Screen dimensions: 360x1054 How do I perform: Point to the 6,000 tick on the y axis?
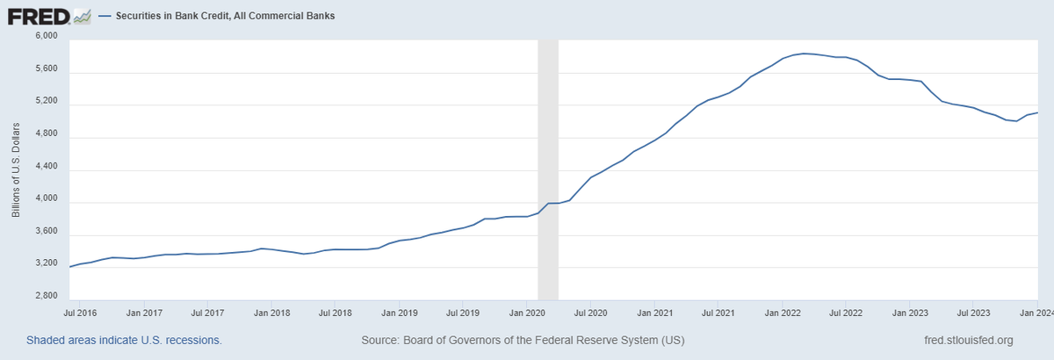point(45,36)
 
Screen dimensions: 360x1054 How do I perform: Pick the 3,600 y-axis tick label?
point(45,232)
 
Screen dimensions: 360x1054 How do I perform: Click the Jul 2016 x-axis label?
point(80,312)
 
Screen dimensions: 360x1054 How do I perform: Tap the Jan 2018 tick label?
point(273,312)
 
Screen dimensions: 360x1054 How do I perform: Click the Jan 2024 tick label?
point(1038,312)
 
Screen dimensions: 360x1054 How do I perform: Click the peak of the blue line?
point(805,54)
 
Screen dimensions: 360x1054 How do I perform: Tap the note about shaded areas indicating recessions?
point(124,340)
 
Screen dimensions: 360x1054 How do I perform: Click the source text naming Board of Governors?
point(523,340)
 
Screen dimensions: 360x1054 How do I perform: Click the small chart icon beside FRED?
point(82,16)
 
